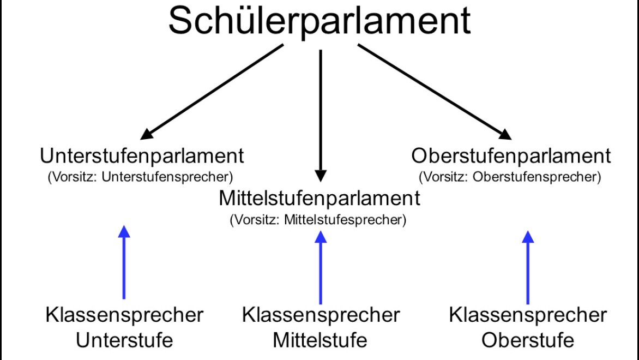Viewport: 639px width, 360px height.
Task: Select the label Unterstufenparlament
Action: click(x=142, y=156)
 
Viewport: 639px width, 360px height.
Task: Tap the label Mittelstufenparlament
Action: click(x=319, y=198)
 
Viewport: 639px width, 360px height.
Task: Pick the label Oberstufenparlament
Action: click(x=511, y=156)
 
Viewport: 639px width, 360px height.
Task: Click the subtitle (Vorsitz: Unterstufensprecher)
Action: click(x=140, y=177)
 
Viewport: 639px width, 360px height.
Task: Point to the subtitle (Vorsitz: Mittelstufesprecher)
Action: click(x=318, y=220)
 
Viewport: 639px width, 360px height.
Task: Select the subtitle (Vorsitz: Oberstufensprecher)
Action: click(x=510, y=177)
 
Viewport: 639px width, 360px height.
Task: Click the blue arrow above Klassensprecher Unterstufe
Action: click(x=124, y=262)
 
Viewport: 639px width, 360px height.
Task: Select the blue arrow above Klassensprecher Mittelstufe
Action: click(x=321, y=267)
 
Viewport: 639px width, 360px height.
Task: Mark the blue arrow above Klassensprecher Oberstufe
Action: click(x=527, y=267)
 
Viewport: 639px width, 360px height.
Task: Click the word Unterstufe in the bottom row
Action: click(x=124, y=341)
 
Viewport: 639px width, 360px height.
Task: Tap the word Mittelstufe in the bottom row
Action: click(x=320, y=341)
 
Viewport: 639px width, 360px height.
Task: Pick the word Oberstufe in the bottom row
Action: click(x=527, y=341)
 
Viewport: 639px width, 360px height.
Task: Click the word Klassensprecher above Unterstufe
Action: click(x=124, y=315)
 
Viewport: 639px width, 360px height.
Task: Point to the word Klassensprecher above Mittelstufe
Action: click(x=321, y=315)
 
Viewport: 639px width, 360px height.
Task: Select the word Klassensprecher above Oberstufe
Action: click(x=527, y=315)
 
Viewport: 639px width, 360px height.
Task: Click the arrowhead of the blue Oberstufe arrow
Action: click(x=527, y=236)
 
